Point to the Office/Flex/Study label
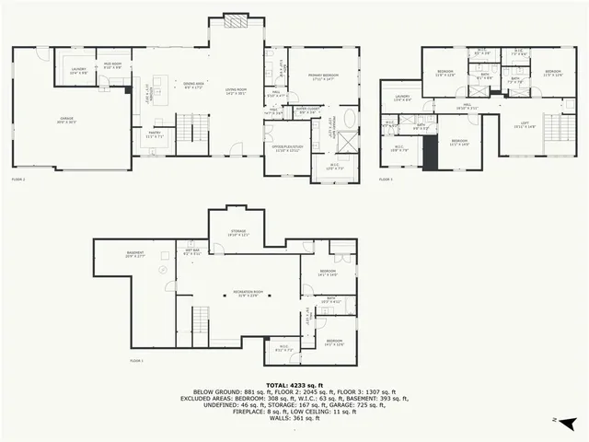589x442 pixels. pos(287,149)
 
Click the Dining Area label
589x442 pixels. pos(193,88)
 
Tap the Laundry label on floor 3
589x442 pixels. pos(403,99)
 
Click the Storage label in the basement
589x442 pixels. pos(238,235)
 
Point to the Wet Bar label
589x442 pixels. pos(192,252)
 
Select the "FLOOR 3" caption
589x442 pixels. pos(387,180)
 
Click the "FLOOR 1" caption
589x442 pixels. pos(137,360)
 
